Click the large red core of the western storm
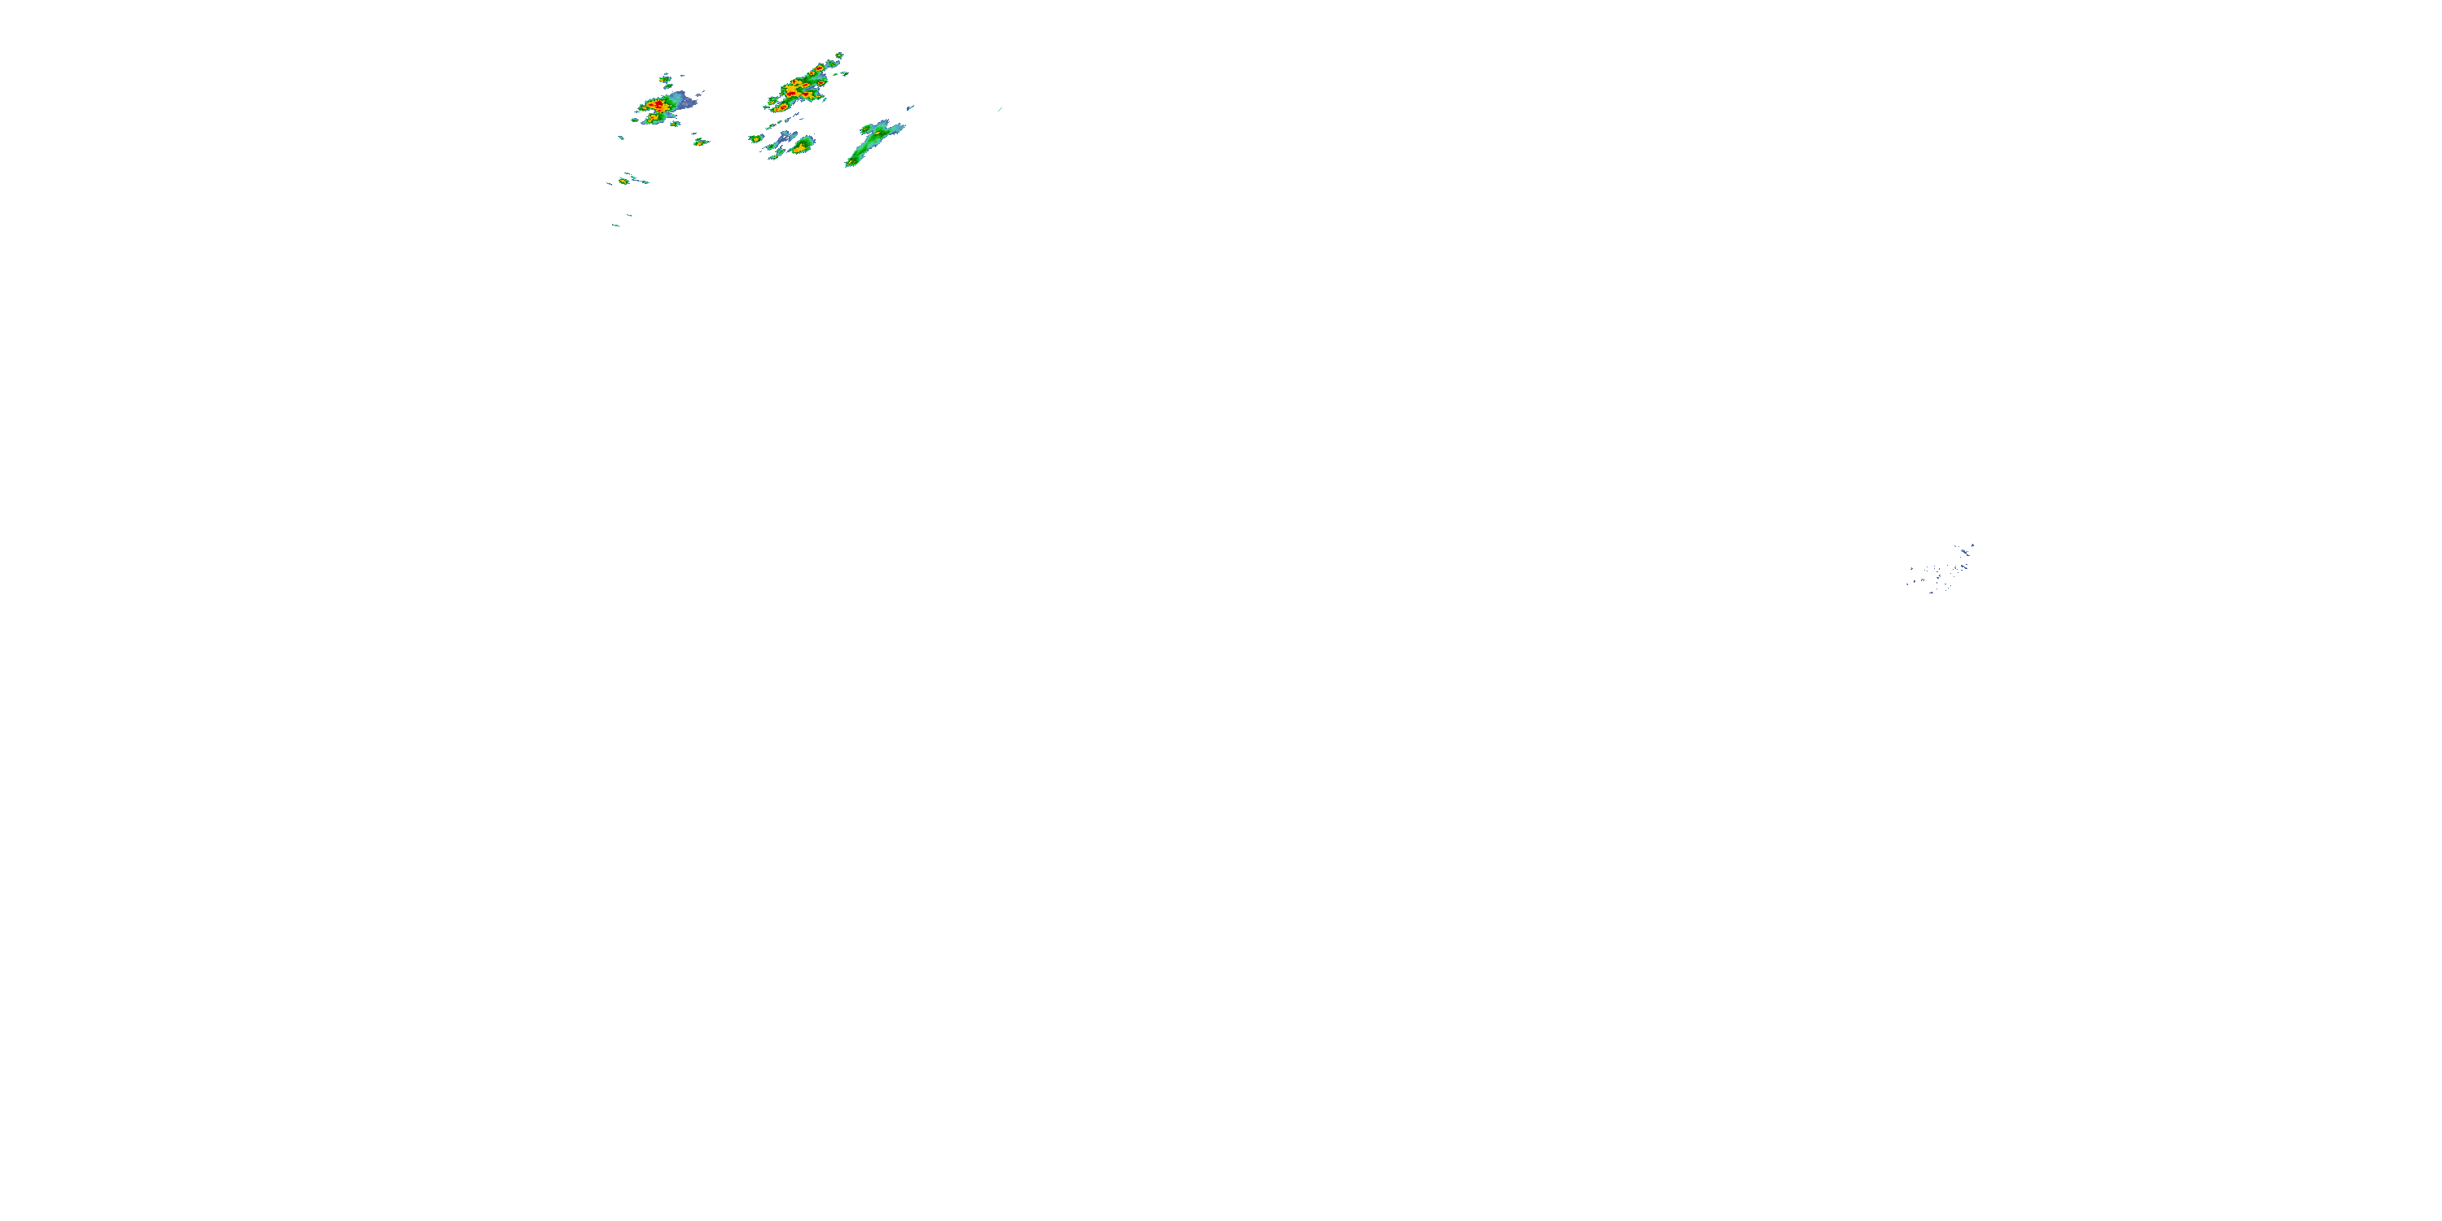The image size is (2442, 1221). [x=659, y=104]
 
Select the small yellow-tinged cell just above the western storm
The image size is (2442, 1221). [x=666, y=80]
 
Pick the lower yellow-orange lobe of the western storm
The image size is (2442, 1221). [x=653, y=117]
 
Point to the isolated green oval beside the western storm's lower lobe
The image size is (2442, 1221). [x=635, y=120]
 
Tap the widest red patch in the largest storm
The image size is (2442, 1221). [x=791, y=94]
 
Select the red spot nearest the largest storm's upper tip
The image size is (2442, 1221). [x=819, y=68]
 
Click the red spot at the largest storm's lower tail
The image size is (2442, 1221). [x=783, y=108]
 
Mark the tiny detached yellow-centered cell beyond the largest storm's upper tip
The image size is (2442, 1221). [x=839, y=56]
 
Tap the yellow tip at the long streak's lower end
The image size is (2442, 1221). [x=851, y=163]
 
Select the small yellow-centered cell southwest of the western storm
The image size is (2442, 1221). [x=624, y=181]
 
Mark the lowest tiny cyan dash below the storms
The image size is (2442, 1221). [x=616, y=225]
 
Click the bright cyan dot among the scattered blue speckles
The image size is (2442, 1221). [x=1963, y=551]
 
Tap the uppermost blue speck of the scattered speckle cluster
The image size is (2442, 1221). [x=1973, y=545]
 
